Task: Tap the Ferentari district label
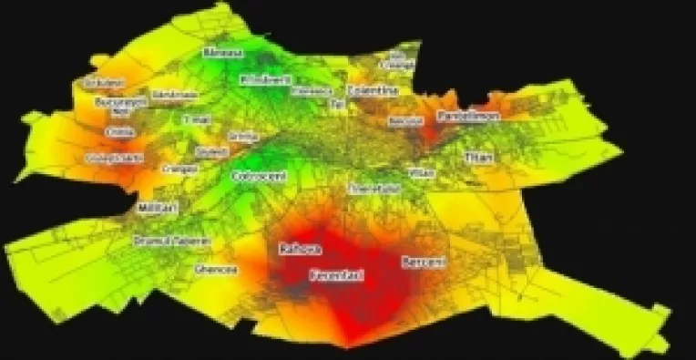[336, 273]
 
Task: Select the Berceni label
[423, 262]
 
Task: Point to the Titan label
[477, 158]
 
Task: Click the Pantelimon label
[466, 117]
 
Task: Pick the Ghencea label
[215, 270]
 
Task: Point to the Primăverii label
[261, 80]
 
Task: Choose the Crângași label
[180, 169]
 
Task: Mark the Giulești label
[212, 151]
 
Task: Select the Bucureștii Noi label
[120, 105]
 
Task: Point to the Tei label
[338, 105]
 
